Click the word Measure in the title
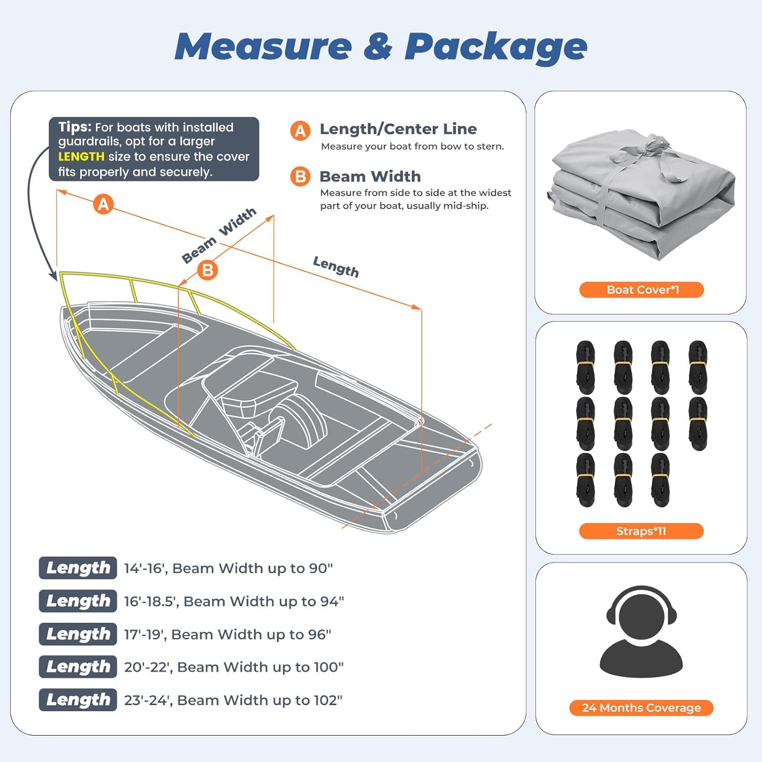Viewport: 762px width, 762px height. click(263, 47)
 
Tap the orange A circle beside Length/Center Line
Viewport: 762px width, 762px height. click(300, 131)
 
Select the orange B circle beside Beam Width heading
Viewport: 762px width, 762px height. click(300, 177)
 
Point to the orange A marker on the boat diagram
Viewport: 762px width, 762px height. click(104, 204)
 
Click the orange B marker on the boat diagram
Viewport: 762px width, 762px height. click(207, 270)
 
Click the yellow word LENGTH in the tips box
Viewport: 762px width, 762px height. click(81, 156)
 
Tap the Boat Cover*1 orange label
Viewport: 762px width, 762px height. click(642, 290)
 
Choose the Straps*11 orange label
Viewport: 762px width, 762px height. click(641, 531)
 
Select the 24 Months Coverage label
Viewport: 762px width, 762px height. click(641, 708)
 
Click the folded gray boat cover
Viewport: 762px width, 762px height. click(641, 193)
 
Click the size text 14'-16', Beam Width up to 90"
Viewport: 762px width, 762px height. click(228, 568)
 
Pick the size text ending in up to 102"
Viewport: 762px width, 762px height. click(233, 700)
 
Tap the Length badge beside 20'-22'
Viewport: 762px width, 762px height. click(78, 666)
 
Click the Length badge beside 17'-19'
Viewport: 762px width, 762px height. click(78, 634)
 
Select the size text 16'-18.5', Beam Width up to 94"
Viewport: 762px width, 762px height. click(234, 601)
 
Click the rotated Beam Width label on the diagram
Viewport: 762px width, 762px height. click(219, 235)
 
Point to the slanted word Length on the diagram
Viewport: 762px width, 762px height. click(336, 267)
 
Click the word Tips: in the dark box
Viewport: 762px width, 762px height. click(75, 127)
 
